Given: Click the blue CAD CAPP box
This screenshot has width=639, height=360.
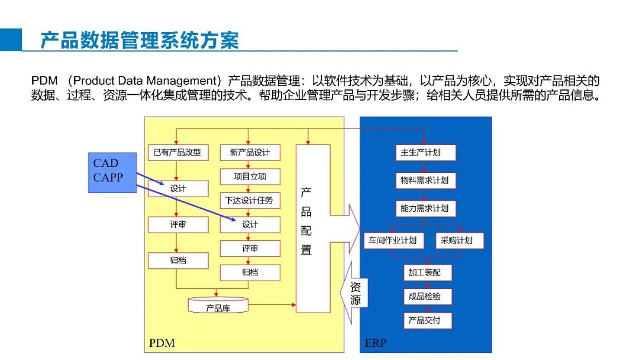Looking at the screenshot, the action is coord(112,172).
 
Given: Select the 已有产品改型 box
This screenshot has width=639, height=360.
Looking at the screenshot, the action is coord(178,153).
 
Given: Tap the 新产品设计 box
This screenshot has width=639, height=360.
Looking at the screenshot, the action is coord(250,153).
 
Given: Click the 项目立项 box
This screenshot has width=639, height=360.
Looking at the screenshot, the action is coord(250,176).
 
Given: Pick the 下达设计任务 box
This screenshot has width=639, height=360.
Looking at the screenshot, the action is coord(250,201).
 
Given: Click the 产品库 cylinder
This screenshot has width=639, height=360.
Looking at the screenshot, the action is coord(218,306).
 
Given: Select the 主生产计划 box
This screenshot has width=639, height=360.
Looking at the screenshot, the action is coord(425,153).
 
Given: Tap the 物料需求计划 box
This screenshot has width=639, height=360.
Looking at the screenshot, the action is coord(425,181).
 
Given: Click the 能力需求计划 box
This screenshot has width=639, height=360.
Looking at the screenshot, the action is coord(425,208).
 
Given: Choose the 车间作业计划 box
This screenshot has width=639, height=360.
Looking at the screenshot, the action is coord(393,240).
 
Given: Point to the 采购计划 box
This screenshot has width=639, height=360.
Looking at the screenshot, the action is coord(460,240).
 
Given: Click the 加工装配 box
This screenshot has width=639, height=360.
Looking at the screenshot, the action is coord(428,272).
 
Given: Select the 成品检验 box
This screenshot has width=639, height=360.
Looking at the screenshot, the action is coord(428,297).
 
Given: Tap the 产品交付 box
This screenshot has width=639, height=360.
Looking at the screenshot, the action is coord(428,320).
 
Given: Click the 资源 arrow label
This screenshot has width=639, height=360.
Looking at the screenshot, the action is coord(356,294).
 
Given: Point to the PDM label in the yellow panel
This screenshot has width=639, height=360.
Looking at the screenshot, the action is coord(162,343).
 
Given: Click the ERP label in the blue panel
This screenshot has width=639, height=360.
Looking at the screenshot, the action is coord(375,343).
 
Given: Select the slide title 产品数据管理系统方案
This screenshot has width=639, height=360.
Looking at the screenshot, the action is coord(140,40).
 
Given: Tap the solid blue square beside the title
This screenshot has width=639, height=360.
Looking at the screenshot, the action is coord(11,40).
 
